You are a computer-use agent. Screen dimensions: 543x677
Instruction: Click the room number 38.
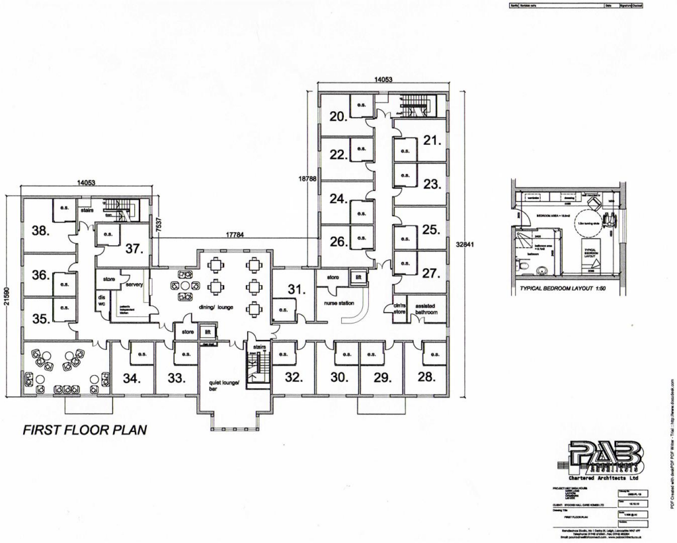[x=41, y=230]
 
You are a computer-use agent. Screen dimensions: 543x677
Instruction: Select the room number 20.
[x=338, y=116]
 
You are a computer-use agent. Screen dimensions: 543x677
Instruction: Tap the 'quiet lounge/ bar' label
[x=222, y=386]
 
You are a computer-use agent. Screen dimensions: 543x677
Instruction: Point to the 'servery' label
[x=134, y=285]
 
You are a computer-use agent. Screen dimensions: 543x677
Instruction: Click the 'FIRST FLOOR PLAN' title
[x=85, y=429]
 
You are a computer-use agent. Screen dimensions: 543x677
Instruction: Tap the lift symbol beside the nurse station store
[x=358, y=277]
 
